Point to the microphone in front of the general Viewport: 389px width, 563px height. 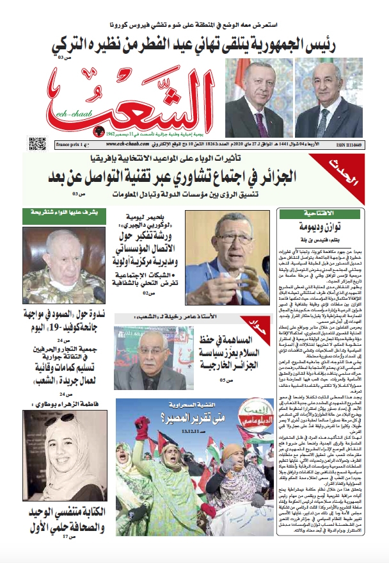click(x=98, y=293)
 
